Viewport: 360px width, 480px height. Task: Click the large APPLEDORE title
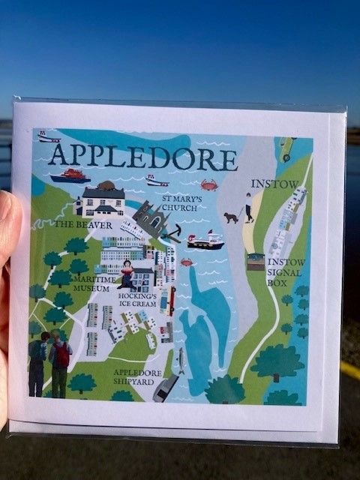(142, 157)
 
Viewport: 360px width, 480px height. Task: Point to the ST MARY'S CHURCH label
(181, 202)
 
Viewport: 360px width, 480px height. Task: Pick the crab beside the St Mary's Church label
(208, 184)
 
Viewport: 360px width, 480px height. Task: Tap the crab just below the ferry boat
(185, 262)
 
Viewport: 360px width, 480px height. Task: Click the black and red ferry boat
(205, 241)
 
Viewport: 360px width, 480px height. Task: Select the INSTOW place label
(274, 184)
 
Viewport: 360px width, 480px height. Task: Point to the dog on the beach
(230, 217)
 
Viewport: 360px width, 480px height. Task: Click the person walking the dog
(248, 207)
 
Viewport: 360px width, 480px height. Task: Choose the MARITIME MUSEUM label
(95, 282)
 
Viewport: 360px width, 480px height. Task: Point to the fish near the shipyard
(180, 361)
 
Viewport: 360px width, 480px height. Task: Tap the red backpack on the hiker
(61, 355)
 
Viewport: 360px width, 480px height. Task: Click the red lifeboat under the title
(70, 175)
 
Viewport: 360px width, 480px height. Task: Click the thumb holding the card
(10, 225)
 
